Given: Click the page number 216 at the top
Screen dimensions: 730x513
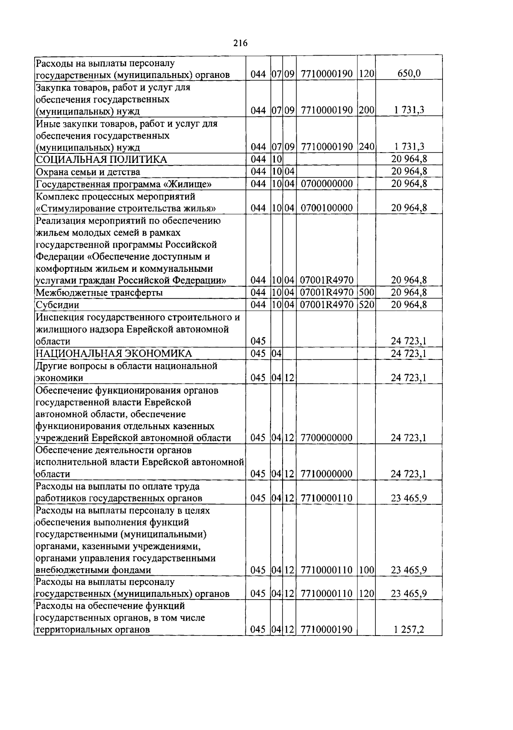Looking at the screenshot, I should pyautogui.click(x=241, y=43).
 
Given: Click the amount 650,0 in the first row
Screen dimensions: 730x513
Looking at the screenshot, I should pyautogui.click(x=409, y=74).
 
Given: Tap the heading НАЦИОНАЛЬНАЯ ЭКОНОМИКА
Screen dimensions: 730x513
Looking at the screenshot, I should pyautogui.click(x=114, y=353).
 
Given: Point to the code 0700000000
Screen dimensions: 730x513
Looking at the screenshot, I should pyautogui.click(x=327, y=184).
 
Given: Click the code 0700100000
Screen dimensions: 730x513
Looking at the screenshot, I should pyautogui.click(x=327, y=208).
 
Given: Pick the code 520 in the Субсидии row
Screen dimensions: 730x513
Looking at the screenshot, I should pyautogui.click(x=366, y=305).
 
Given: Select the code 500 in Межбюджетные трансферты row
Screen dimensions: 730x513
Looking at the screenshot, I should pyautogui.click(x=366, y=293).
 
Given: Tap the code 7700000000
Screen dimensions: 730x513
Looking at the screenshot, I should pyautogui.click(x=327, y=438).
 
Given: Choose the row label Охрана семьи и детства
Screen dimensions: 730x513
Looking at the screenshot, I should pyautogui.click(x=88, y=172).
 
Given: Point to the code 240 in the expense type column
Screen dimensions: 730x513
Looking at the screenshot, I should pyautogui.click(x=366, y=147).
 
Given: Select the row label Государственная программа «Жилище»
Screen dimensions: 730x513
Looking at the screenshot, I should pyautogui.click(x=124, y=184).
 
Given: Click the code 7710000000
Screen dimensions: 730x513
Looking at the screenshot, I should pyautogui.click(x=327, y=474).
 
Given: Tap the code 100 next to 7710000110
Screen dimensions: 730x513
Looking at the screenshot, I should pyautogui.click(x=366, y=570).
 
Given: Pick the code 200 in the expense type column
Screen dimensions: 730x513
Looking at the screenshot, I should pyautogui.click(x=366, y=110).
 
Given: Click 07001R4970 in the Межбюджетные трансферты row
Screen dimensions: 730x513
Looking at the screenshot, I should pyautogui.click(x=327, y=293).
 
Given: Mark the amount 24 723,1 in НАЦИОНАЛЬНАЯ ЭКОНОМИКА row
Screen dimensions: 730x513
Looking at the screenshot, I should pyautogui.click(x=409, y=353).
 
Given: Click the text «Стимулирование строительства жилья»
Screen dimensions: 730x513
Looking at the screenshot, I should pyautogui.click(x=126, y=209).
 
